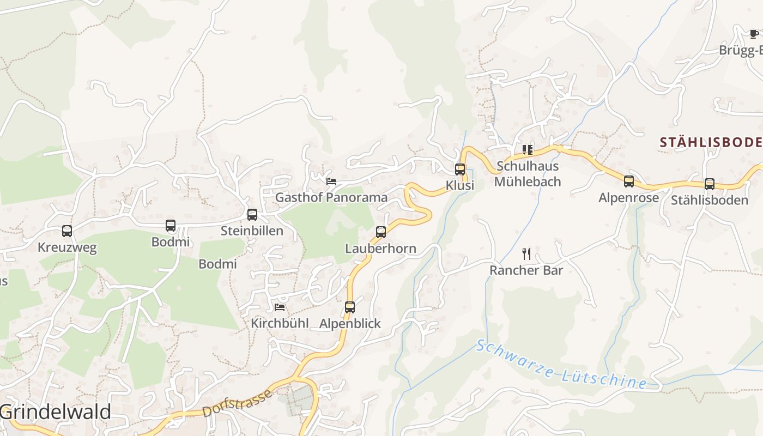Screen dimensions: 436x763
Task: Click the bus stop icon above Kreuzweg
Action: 67,231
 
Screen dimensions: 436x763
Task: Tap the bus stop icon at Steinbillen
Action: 252,215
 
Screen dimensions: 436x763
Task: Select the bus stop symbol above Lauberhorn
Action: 381,232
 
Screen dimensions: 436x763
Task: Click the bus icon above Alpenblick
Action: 350,307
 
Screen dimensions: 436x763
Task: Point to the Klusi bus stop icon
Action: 460,169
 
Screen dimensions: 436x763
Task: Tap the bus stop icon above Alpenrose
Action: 629,181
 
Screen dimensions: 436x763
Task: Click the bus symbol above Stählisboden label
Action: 710,184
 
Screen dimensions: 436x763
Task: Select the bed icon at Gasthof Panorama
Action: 331,181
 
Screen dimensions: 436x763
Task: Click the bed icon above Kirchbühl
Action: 280,307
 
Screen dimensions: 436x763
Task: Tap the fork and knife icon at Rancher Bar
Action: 526,254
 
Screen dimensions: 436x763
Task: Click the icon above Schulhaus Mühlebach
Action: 527,149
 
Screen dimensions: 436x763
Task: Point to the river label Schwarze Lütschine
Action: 561,365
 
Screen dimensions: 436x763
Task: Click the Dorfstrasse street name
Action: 237,403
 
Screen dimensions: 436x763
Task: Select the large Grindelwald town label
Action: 56,412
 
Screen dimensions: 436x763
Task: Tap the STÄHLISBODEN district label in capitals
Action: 711,143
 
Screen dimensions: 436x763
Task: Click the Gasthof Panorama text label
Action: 331,197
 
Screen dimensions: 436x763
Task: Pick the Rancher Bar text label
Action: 526,270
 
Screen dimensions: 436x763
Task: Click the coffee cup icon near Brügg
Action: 754,34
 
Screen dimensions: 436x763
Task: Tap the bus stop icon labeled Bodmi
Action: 171,226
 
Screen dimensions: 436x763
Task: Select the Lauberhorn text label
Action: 380,249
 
